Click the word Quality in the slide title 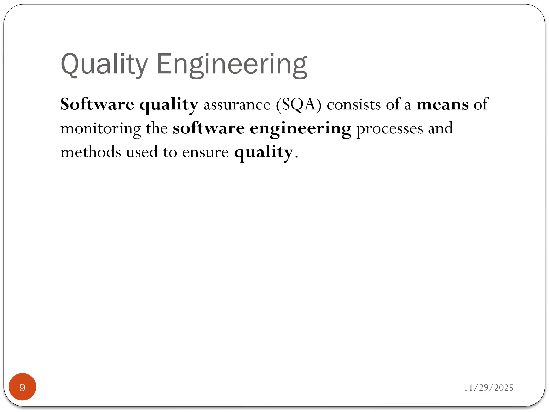pos(104,64)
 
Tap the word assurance pos(237,105)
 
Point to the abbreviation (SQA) pos(299,105)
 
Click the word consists pos(354,105)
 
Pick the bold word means pos(443,105)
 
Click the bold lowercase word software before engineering pos(209,128)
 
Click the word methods pos(91,152)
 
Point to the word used pos(142,152)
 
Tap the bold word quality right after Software pos(169,105)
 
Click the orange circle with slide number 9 pos(23,387)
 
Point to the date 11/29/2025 pos(488,388)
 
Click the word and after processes pos(440,128)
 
